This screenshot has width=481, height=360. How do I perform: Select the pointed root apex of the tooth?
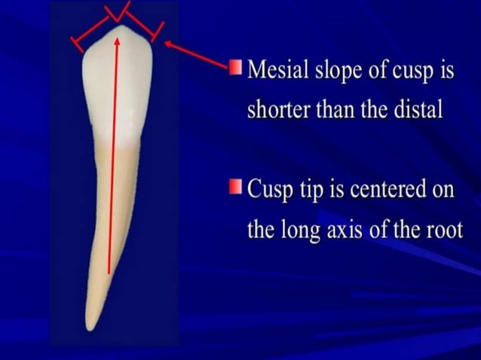click(x=89, y=328)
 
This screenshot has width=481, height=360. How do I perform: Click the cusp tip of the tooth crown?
click(x=120, y=27)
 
